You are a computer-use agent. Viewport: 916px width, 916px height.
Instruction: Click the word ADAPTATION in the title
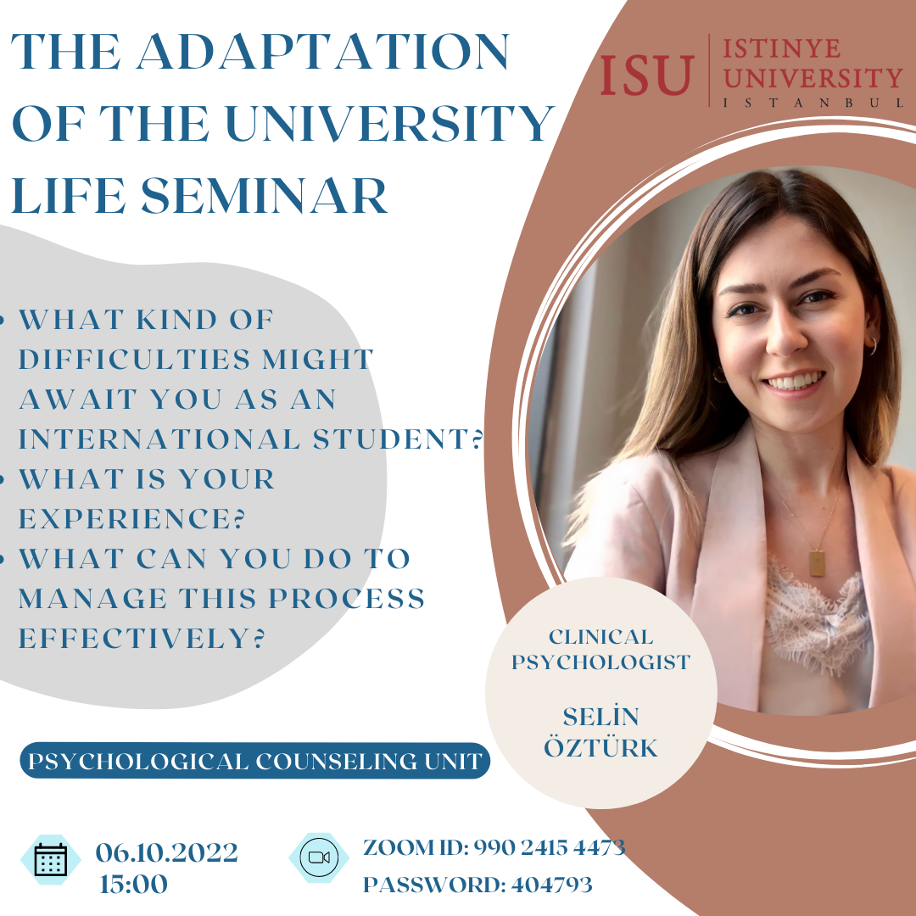[x=323, y=52]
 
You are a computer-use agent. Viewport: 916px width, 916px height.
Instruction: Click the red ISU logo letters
[x=647, y=75]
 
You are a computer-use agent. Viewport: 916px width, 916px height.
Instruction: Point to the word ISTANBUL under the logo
[x=813, y=103]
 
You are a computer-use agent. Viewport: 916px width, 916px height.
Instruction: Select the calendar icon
[x=51, y=859]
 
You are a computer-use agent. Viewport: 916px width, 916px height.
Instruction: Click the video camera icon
[x=319, y=857]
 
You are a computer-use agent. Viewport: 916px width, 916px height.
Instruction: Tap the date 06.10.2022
[x=167, y=852]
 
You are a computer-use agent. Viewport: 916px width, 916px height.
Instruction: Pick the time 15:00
[x=134, y=884]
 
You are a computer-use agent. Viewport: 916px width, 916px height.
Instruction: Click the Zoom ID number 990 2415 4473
[x=549, y=847]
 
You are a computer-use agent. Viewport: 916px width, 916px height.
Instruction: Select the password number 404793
[x=552, y=885]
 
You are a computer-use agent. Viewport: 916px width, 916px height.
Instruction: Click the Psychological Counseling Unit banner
[x=255, y=761]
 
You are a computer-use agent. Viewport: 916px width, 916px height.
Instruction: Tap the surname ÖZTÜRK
[x=601, y=748]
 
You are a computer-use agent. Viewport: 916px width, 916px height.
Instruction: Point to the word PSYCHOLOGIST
[x=601, y=662]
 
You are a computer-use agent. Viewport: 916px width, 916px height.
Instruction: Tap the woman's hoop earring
[x=871, y=346]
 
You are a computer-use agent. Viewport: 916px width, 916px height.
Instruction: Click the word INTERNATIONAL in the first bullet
[x=159, y=439]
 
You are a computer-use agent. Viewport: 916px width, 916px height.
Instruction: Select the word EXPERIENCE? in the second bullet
[x=132, y=519]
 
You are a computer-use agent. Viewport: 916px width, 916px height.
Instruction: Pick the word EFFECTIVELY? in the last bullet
[x=142, y=638]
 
